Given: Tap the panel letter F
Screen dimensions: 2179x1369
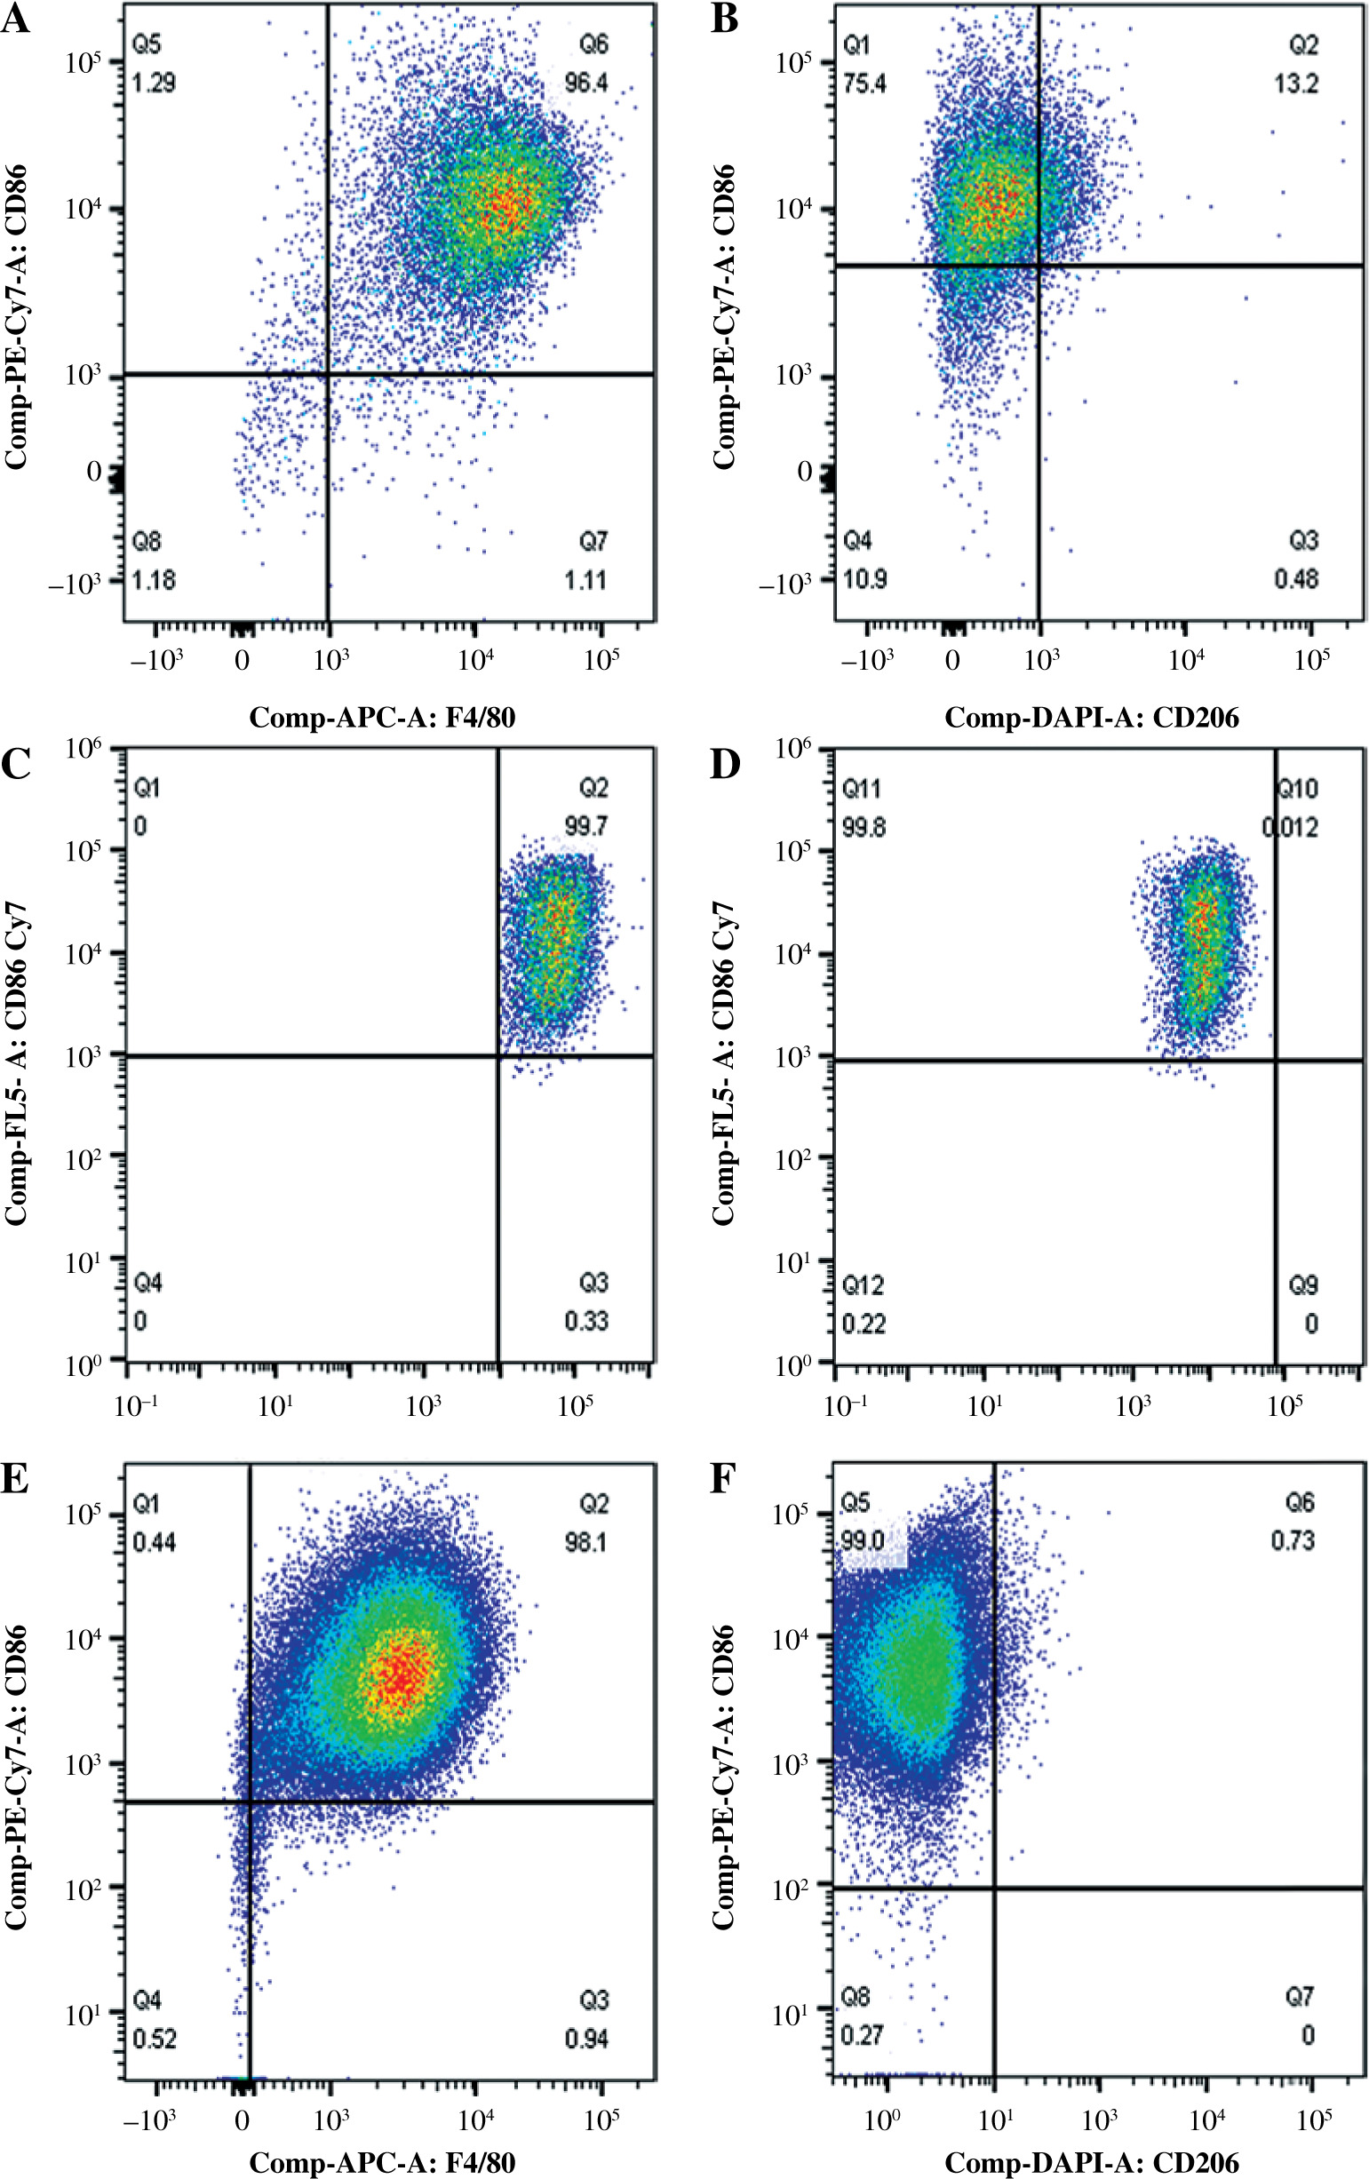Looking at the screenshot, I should (x=724, y=1480).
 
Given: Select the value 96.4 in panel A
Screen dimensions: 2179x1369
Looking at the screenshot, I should (x=586, y=84).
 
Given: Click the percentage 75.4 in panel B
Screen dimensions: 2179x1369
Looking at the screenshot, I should (x=864, y=84).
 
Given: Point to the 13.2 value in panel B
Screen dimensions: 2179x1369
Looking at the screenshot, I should (x=1296, y=84).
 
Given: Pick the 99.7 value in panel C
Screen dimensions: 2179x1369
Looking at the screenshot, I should (x=586, y=826).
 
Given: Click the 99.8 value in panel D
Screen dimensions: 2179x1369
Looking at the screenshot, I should (x=864, y=827).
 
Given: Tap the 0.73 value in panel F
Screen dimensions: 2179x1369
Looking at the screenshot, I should (x=1292, y=1540).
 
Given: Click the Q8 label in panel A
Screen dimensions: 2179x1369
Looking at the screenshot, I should (x=147, y=542).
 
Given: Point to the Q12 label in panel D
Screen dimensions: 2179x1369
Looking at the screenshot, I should (x=863, y=1285).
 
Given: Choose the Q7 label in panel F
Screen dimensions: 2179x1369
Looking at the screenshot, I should (x=1300, y=1998).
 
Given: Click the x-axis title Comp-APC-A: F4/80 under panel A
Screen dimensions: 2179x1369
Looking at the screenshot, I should (x=382, y=718).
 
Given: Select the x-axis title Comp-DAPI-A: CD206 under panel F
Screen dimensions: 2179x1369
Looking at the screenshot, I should (x=1091, y=2163).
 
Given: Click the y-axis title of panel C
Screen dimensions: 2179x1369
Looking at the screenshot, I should (x=18, y=1063).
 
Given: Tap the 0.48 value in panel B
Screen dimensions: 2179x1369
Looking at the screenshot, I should (x=1296, y=579).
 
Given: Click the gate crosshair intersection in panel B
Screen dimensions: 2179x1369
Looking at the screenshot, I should (x=1039, y=265).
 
